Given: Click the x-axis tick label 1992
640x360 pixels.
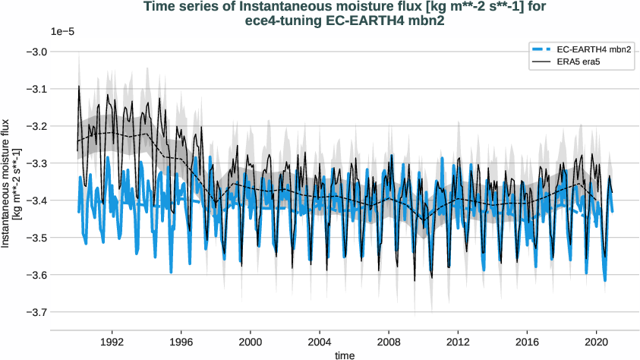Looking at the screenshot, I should pos(112,341).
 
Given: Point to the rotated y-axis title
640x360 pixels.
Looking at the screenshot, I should pos(11,182).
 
